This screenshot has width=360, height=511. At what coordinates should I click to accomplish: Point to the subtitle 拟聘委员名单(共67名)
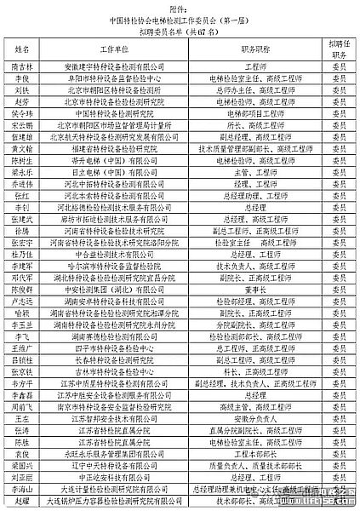180,32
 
